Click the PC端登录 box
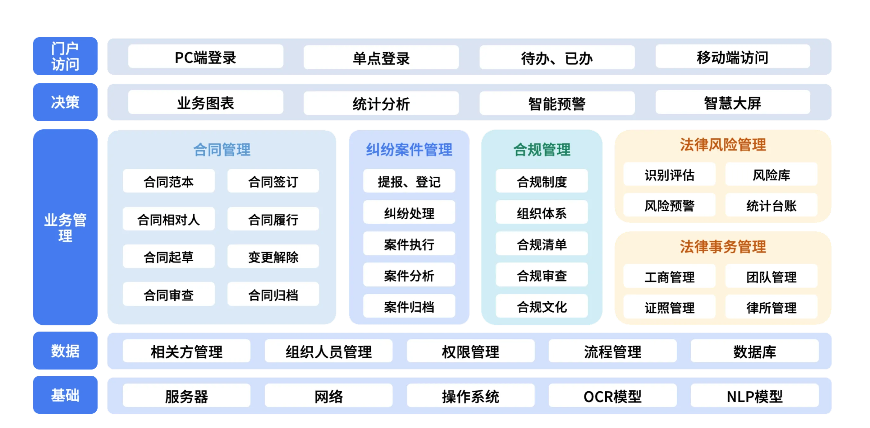pyautogui.click(x=205, y=57)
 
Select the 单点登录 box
pyautogui.click(x=381, y=58)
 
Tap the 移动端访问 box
pyautogui.click(x=733, y=57)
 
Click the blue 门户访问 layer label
pyautogui.click(x=66, y=56)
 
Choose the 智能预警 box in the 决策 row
pyautogui.click(x=556, y=103)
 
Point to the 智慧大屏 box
pyautogui.click(x=733, y=102)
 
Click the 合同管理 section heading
pyautogui.click(x=222, y=149)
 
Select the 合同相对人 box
pyautogui.click(x=168, y=219)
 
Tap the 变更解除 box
pyautogui.click(x=273, y=257)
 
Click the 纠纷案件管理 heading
pyautogui.click(x=409, y=149)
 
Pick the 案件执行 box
pyautogui.click(x=409, y=244)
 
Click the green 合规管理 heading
pyautogui.click(x=542, y=149)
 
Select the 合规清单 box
pyautogui.click(x=542, y=244)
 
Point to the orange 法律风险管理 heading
pyautogui.click(x=723, y=145)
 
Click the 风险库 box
pyautogui.click(x=771, y=174)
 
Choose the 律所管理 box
pyautogui.click(x=771, y=307)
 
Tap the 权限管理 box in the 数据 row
pyautogui.click(x=470, y=351)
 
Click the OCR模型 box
pyautogui.click(x=612, y=396)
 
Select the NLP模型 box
pyautogui.click(x=754, y=396)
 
